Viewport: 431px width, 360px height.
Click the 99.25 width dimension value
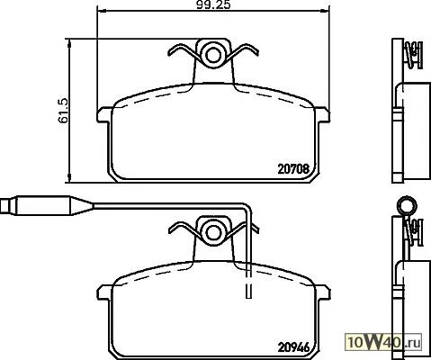[x=213, y=5]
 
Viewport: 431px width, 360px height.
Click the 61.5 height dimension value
[x=64, y=111]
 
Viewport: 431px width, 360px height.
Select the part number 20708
[x=293, y=169]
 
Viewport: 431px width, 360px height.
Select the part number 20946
[x=293, y=347]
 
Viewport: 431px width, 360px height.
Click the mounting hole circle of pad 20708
[x=213, y=55]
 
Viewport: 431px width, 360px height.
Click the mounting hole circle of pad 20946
[x=213, y=232]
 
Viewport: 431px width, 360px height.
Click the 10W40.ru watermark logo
[x=384, y=342]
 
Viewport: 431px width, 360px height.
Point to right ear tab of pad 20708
[x=322, y=115]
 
